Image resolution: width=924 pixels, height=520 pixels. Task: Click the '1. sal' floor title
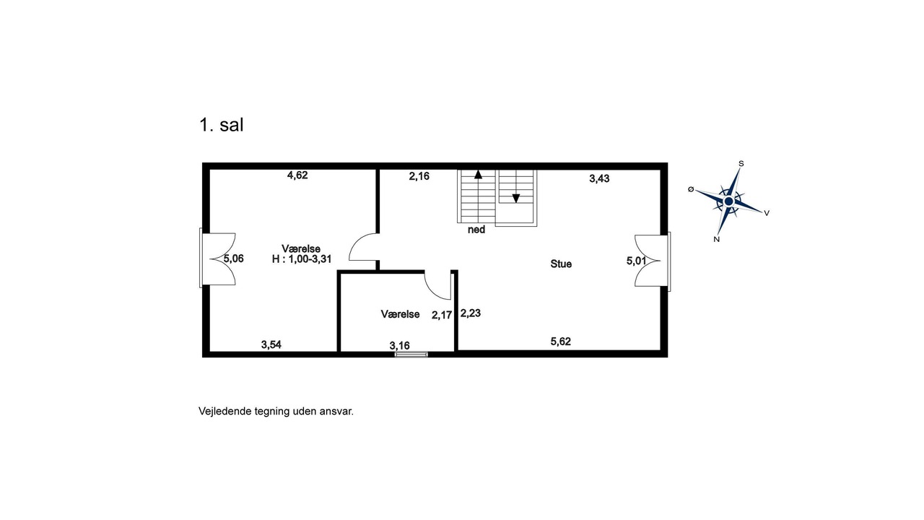pyautogui.click(x=222, y=125)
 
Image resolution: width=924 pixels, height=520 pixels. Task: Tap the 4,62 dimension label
pyautogui.click(x=297, y=175)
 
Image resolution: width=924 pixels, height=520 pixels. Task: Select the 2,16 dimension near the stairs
pyautogui.click(x=419, y=177)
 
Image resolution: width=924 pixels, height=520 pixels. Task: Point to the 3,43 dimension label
pyautogui.click(x=599, y=178)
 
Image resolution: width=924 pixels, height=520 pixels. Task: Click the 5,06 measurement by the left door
pyautogui.click(x=233, y=259)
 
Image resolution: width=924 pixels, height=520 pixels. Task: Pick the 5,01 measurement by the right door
pyautogui.click(x=637, y=261)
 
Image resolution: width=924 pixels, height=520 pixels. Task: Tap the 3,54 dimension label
pyautogui.click(x=271, y=344)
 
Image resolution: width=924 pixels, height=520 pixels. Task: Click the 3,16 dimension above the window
pyautogui.click(x=400, y=346)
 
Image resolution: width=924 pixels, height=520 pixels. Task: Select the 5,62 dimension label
pyautogui.click(x=561, y=342)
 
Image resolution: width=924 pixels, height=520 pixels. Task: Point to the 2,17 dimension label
pyautogui.click(x=442, y=316)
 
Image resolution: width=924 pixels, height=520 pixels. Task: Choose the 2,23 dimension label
pyautogui.click(x=471, y=313)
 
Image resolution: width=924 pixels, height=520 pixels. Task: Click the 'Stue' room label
pyautogui.click(x=561, y=264)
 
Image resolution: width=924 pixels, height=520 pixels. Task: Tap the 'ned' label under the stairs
pyautogui.click(x=476, y=230)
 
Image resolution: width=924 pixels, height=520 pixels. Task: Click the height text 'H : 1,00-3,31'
pyautogui.click(x=302, y=259)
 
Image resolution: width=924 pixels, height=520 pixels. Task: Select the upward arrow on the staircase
pyautogui.click(x=478, y=175)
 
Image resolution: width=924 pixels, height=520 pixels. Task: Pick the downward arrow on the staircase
pyautogui.click(x=515, y=199)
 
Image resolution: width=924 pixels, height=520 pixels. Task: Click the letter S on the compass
pyautogui.click(x=741, y=164)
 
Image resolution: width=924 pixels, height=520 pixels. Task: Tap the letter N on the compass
pyautogui.click(x=717, y=239)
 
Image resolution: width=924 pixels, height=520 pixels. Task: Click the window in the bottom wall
pyautogui.click(x=411, y=354)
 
